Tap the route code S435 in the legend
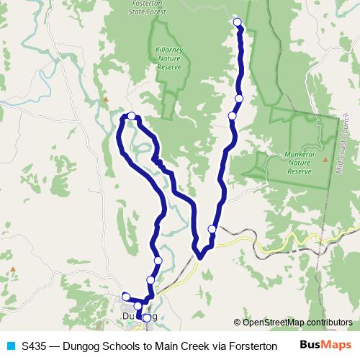tap(35, 346)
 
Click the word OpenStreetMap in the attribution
tap(274, 323)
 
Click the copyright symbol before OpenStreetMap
tap(237, 323)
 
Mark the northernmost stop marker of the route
tap(238, 22)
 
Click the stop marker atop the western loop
tap(132, 115)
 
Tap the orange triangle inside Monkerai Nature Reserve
tap(325, 158)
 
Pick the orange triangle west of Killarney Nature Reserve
tap(105, 99)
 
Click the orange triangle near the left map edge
tap(12, 271)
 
